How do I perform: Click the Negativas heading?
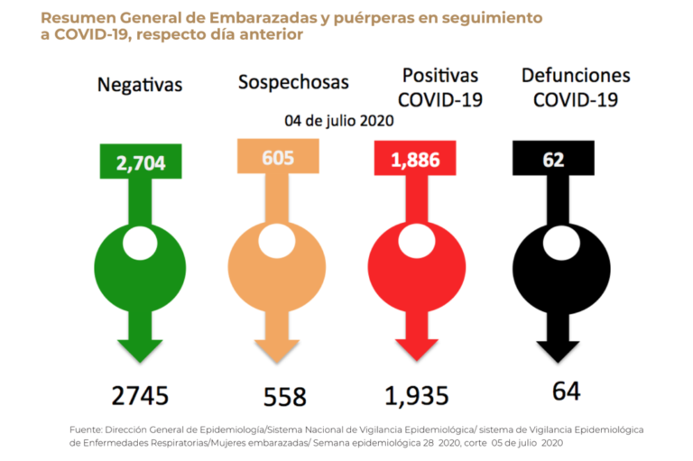(x=140, y=85)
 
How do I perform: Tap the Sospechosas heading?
(x=293, y=82)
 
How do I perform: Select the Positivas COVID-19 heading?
(x=440, y=88)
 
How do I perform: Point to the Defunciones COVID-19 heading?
(x=575, y=88)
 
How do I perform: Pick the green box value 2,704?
(x=141, y=163)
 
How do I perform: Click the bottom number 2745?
(x=140, y=394)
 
